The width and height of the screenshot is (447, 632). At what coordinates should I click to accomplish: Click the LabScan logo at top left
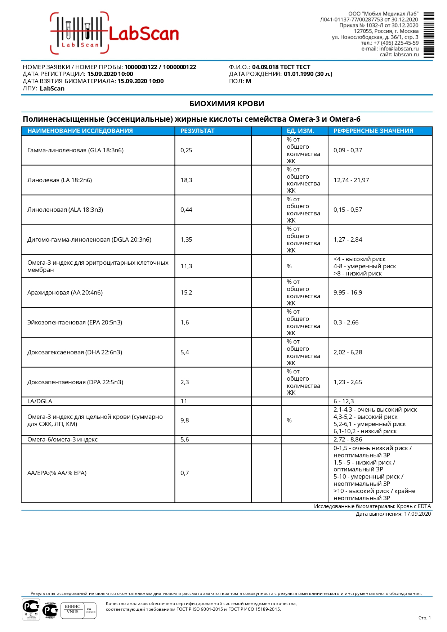click(x=115, y=33)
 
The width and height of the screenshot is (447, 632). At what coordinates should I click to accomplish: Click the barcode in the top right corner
click(x=428, y=35)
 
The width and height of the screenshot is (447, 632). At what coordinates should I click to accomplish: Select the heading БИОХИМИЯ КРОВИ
click(x=227, y=104)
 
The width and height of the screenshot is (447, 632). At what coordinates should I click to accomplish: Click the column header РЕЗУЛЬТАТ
click(x=197, y=131)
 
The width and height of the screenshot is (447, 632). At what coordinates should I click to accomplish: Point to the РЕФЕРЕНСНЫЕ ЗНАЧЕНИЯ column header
click(x=373, y=131)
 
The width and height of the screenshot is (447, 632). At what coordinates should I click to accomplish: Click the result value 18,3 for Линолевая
click(x=186, y=180)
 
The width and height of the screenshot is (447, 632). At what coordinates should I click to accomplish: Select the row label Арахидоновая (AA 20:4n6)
click(x=65, y=292)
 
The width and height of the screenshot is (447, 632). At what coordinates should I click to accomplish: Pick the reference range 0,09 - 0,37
click(x=348, y=150)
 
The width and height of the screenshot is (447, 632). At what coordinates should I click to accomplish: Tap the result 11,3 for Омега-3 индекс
click(x=186, y=266)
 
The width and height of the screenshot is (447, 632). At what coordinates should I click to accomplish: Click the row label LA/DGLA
click(x=40, y=401)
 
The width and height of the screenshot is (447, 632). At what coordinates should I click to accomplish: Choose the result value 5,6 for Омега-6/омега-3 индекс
click(x=184, y=439)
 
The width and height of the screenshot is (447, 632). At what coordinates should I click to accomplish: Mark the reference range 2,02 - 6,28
click(x=348, y=352)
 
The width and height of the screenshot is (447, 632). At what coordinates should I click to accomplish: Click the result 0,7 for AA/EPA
click(x=184, y=473)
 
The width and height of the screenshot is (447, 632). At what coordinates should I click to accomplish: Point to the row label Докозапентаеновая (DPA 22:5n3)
click(x=75, y=382)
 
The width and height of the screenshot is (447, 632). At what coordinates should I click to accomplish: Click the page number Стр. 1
click(x=424, y=618)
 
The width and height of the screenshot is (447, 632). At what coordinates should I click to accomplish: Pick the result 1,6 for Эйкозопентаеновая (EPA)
click(x=184, y=322)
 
